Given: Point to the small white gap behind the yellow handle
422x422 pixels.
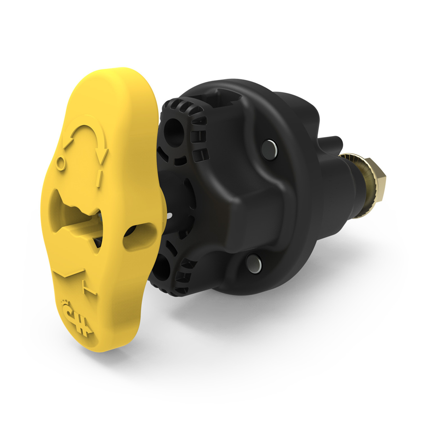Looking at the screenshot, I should pyautogui.click(x=170, y=216).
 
